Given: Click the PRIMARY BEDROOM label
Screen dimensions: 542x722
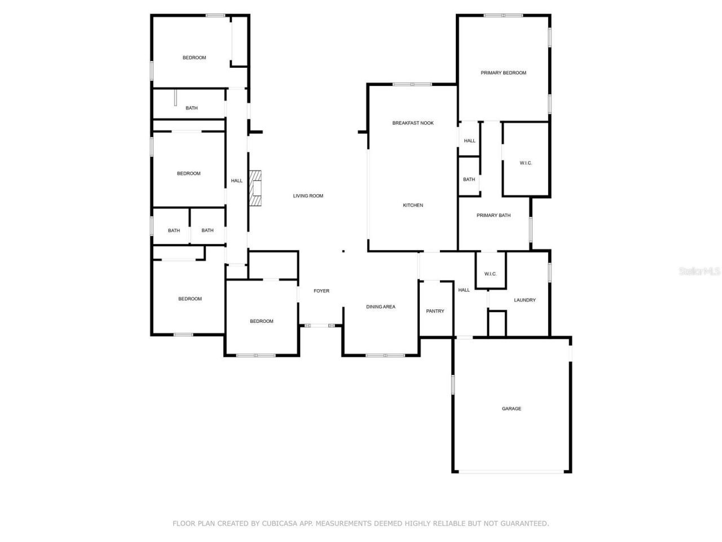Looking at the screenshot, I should coord(503,73).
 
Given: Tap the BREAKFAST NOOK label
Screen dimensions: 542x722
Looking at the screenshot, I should coord(413,123).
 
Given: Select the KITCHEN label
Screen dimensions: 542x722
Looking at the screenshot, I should coord(412,206).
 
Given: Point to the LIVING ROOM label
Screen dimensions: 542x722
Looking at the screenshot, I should coord(308,196).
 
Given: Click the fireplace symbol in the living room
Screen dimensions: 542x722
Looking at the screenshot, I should coord(256,189).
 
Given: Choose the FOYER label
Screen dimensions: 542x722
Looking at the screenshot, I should coord(322,291).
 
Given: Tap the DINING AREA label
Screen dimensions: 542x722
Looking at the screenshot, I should coord(381,307).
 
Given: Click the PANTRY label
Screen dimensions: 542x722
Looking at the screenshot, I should coord(435,311).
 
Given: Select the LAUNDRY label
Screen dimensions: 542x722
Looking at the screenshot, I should coord(525,300).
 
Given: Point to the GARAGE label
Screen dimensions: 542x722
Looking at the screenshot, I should coord(512,409).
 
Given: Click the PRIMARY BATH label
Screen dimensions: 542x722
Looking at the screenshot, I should coord(494,216).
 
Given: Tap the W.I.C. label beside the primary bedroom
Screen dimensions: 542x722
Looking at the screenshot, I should coord(526,163).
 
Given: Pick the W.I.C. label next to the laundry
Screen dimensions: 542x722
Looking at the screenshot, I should coord(490,274).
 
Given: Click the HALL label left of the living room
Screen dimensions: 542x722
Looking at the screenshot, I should coord(236,181).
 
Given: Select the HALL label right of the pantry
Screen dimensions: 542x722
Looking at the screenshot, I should coord(464,290).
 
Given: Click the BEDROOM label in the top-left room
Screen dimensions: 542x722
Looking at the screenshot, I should coord(194,58).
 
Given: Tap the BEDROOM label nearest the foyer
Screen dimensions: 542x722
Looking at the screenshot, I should coord(261,321).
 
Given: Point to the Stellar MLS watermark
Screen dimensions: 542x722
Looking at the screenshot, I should coord(699,272).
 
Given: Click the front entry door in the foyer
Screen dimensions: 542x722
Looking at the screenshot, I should coord(320,326).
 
